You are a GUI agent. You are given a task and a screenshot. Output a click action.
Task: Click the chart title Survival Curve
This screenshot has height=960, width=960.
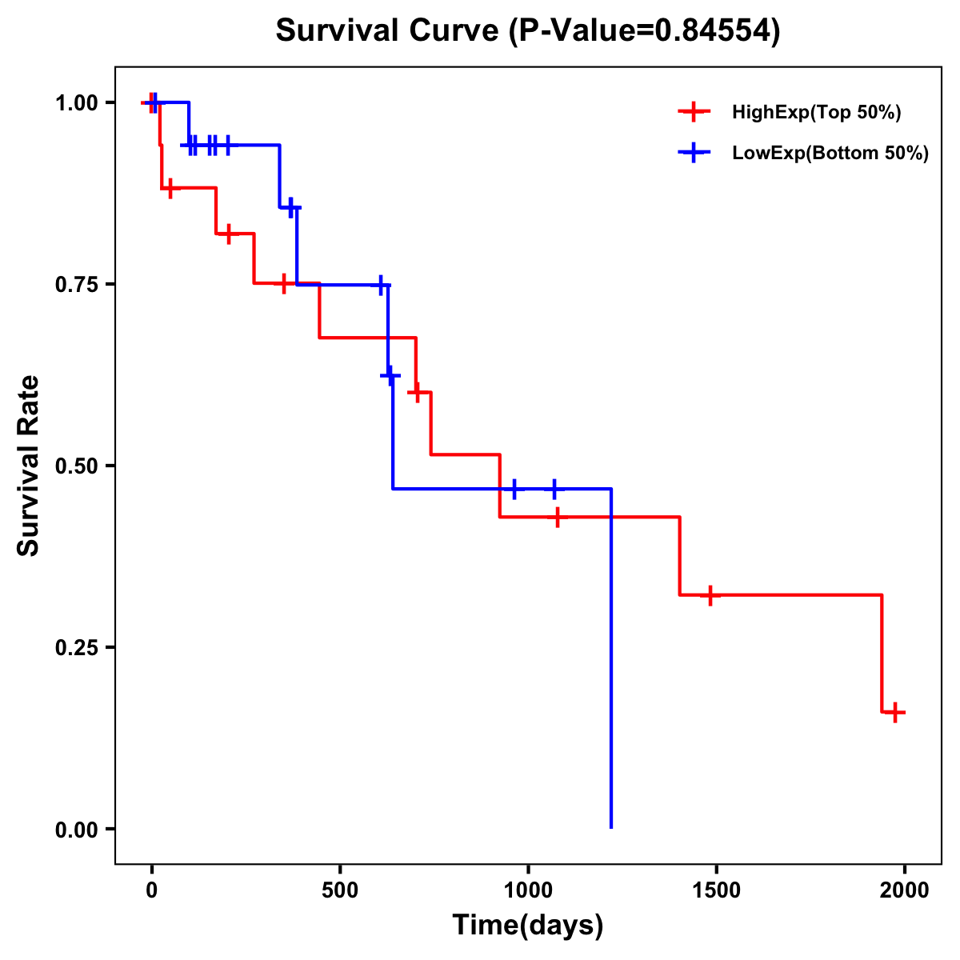(x=527, y=30)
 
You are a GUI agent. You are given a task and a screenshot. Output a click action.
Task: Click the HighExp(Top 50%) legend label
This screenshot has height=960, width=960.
(x=816, y=113)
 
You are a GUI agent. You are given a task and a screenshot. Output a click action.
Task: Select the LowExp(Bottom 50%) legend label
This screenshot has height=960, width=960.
(x=830, y=154)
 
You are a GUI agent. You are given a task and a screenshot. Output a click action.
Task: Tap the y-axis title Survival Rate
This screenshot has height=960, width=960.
(x=29, y=466)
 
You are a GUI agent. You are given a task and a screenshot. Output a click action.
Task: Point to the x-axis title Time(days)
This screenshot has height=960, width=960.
(x=528, y=925)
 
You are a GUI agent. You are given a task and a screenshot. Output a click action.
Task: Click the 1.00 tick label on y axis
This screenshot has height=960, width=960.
(x=77, y=103)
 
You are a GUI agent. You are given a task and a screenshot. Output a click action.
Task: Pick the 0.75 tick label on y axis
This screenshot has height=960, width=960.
(x=77, y=285)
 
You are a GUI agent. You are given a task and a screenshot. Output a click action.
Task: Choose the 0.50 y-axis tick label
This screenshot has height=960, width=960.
(x=77, y=466)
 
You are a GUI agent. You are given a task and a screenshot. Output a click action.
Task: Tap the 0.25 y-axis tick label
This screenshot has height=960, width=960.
(x=77, y=648)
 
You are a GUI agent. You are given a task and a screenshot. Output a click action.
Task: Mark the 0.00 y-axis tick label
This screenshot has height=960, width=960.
(x=77, y=830)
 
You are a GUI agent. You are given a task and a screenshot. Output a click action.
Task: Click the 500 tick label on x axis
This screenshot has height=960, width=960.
(x=340, y=890)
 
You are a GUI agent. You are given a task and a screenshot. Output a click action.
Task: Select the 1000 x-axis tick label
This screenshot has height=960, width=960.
(x=528, y=890)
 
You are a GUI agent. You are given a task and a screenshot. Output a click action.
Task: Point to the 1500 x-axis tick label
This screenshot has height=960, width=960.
(x=716, y=890)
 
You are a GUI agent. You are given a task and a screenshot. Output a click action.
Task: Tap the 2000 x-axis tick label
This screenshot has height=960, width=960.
(x=905, y=890)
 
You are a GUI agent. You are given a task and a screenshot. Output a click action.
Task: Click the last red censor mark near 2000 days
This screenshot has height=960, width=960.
(x=895, y=712)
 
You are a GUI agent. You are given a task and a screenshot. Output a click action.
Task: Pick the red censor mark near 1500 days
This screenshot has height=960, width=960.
(x=710, y=595)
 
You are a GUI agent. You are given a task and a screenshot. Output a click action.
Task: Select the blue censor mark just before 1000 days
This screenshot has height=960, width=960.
(x=514, y=489)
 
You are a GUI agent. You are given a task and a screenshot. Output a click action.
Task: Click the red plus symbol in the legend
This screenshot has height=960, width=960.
(x=694, y=112)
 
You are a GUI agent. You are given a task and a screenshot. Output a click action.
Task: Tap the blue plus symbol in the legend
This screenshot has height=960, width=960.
(x=694, y=154)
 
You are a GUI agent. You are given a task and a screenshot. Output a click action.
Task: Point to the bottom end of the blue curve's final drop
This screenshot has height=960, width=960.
(x=611, y=827)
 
